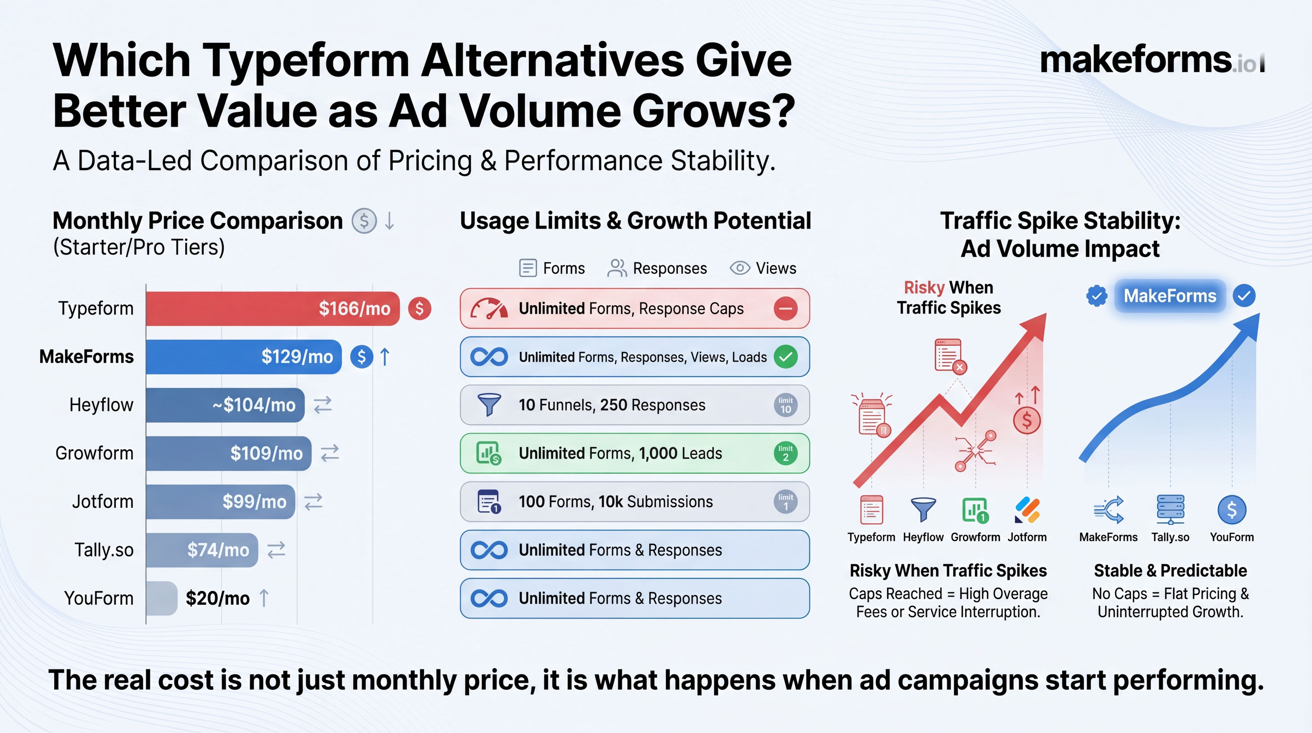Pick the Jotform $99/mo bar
coord(220,502)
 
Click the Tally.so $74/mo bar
coord(202,550)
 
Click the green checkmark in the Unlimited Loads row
coord(785,357)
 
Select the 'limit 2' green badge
coord(785,453)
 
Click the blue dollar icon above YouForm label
coord(1231,510)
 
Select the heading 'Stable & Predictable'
coord(1170,571)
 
